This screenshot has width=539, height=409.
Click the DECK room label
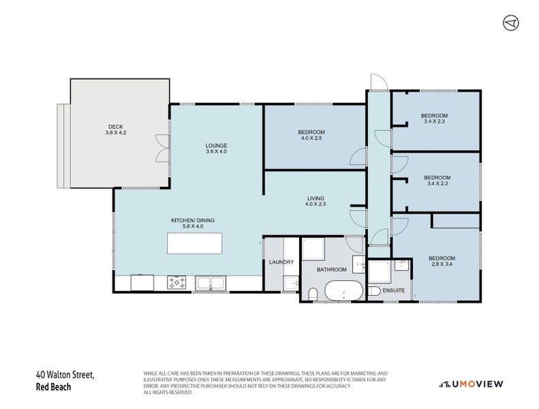pyautogui.click(x=116, y=127)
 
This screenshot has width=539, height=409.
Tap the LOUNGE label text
pyautogui.click(x=216, y=145)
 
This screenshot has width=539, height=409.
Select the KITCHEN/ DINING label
pyautogui.click(x=192, y=220)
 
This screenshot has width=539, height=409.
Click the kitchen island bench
pyautogui.click(x=195, y=243)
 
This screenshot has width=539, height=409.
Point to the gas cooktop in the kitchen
pyautogui.click(x=176, y=282)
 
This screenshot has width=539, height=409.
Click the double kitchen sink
pyautogui.click(x=211, y=283)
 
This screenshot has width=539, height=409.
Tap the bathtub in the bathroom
pyautogui.click(x=343, y=290)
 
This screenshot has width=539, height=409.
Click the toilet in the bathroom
pyautogui.click(x=313, y=294)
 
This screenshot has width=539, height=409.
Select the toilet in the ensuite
pyautogui.click(x=373, y=291)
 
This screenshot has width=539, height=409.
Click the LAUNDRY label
pyautogui.click(x=281, y=262)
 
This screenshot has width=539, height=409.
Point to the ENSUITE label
pyautogui.click(x=394, y=290)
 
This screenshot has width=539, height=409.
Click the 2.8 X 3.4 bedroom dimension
pyautogui.click(x=442, y=264)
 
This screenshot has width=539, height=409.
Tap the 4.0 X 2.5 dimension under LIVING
pyautogui.click(x=315, y=204)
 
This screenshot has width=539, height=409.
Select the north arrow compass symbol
pyautogui.click(x=511, y=23)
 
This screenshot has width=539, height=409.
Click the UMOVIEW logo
pyautogui.click(x=472, y=384)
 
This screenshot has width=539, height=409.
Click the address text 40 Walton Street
pyautogui.click(x=65, y=375)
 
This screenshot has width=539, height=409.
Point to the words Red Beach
pyautogui.click(x=53, y=387)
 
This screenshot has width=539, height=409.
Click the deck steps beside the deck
pyautogui.click(x=63, y=146)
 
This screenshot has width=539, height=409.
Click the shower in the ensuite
pyautogui.click(x=379, y=272)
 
